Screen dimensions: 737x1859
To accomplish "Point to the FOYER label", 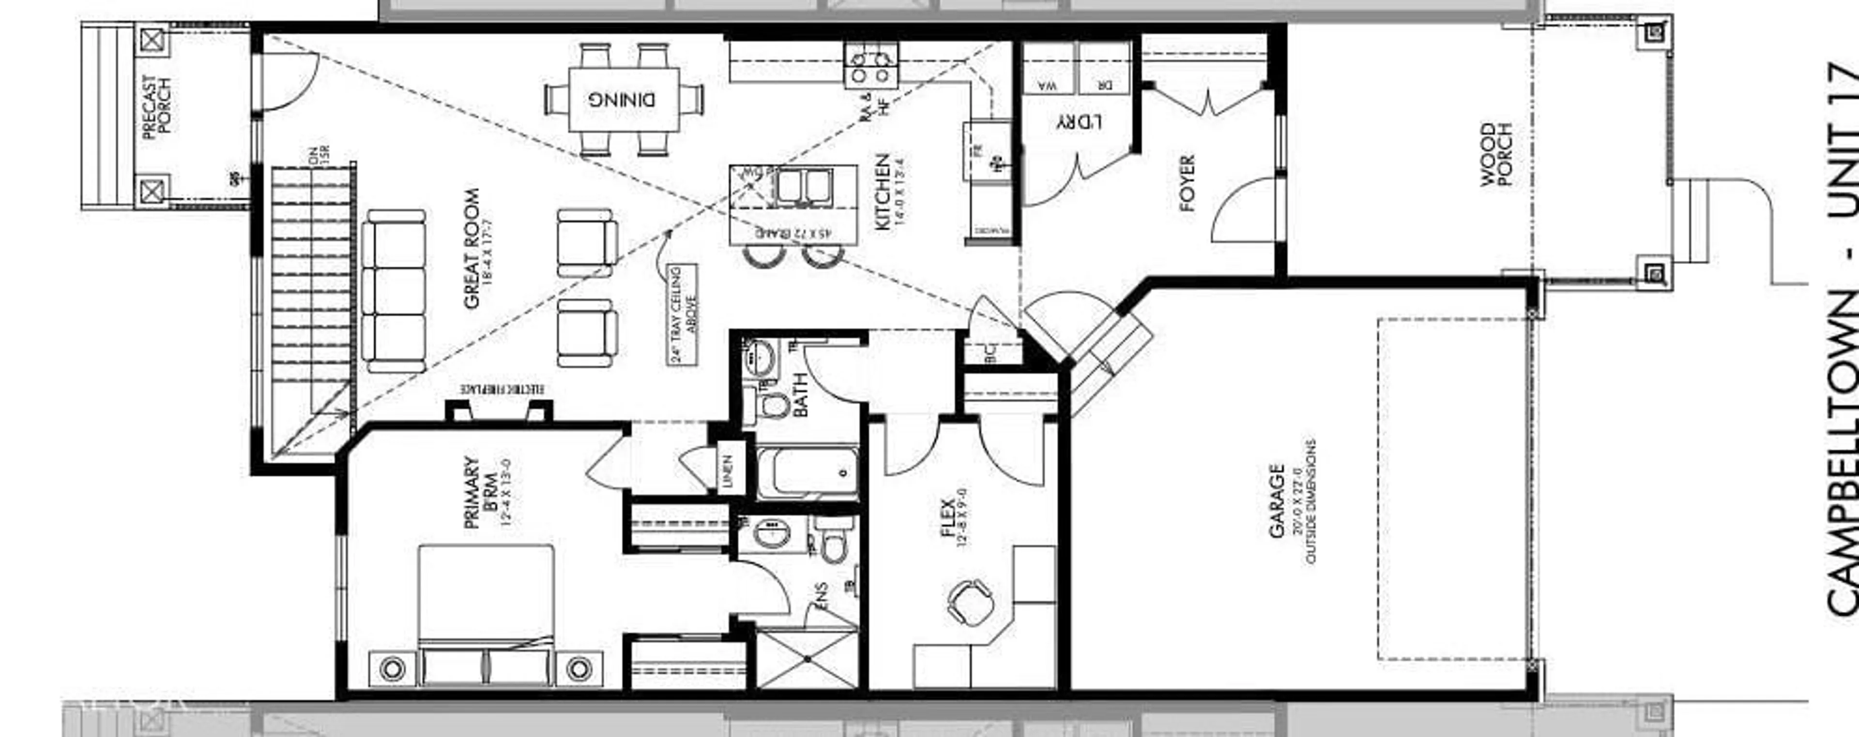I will [x=1187, y=183].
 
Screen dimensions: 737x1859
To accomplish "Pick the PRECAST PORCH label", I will [x=156, y=107].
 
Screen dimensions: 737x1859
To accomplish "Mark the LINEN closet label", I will [x=728, y=471].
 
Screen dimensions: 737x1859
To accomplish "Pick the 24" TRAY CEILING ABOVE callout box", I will [x=683, y=314].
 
